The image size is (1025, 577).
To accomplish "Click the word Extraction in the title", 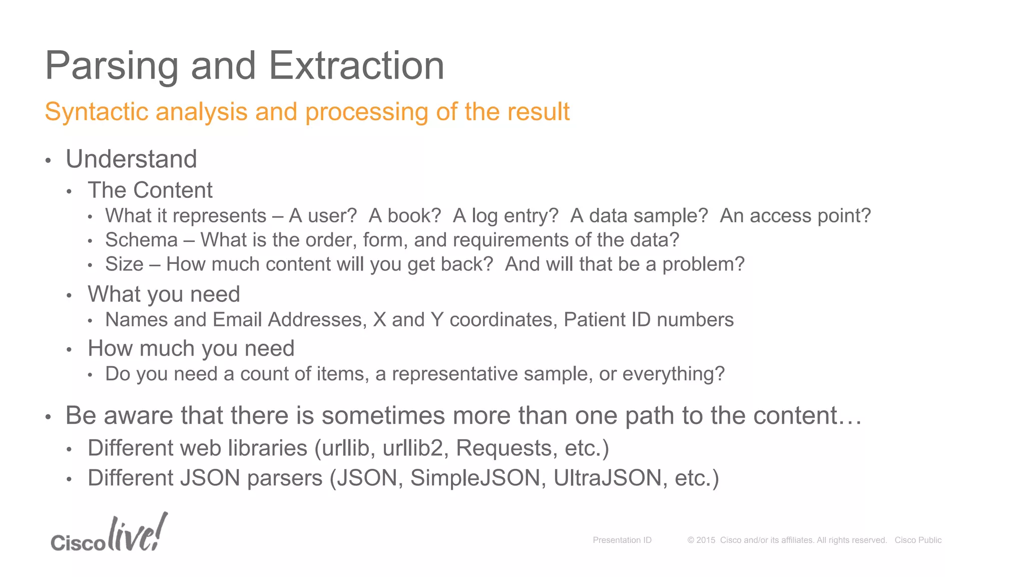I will pyautogui.click(x=356, y=66).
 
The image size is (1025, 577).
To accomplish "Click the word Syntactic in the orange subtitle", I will pyautogui.click(x=96, y=112).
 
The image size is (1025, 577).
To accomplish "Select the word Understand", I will pyautogui.click(x=131, y=159).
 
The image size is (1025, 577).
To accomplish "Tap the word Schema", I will pyautogui.click(x=142, y=240).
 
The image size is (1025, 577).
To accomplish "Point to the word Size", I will pyautogui.click(x=124, y=264).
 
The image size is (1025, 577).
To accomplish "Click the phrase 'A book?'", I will pyautogui.click(x=405, y=216).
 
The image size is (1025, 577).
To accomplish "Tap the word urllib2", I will pyautogui.click(x=413, y=448).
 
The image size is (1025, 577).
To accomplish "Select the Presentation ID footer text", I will pyautogui.click(x=622, y=540).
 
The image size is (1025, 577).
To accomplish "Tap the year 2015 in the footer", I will pyautogui.click(x=706, y=540).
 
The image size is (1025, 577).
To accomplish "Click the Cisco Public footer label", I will pyautogui.click(x=918, y=540).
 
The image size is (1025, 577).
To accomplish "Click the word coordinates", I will pyautogui.click(x=503, y=320).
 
